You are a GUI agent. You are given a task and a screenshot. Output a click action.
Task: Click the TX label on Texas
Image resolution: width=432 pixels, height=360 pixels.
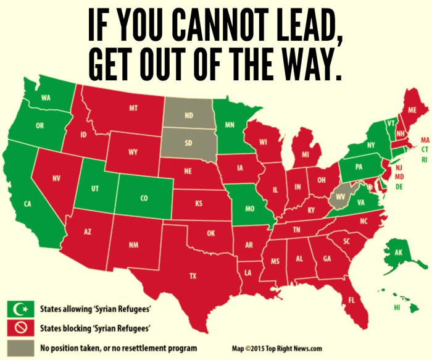[x=193, y=276]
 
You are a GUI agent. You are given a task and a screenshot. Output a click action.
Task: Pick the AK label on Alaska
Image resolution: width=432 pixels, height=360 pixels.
[x=398, y=253]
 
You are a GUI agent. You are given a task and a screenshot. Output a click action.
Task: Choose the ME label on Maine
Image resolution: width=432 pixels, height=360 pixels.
[x=413, y=110]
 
